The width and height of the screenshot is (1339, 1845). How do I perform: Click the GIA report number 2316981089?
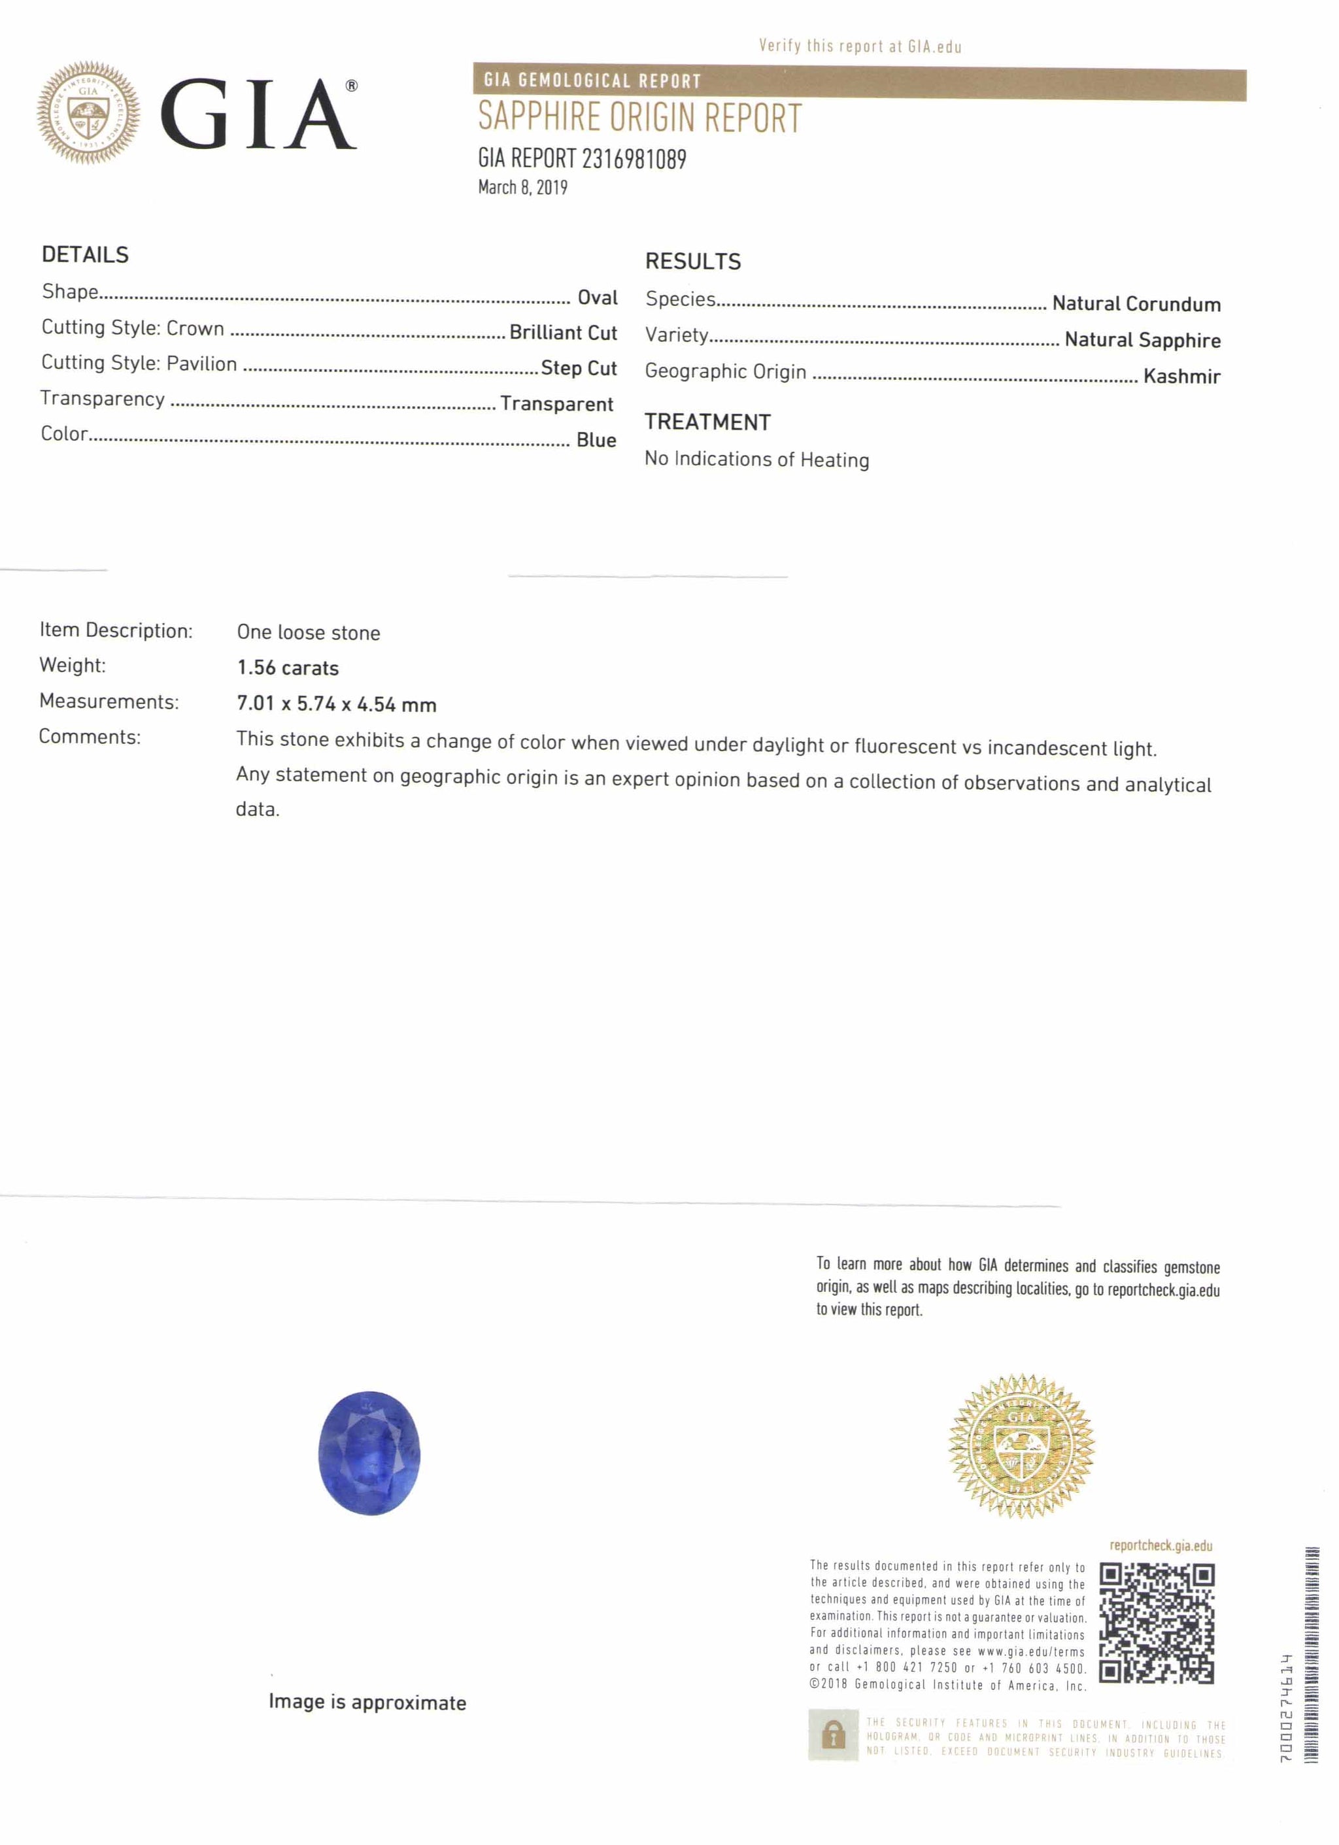582,159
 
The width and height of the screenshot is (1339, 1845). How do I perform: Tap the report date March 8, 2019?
522,188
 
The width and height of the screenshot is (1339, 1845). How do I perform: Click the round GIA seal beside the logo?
88,113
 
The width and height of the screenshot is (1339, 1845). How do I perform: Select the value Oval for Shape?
597,297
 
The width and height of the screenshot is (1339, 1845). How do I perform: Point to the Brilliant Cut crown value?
563,333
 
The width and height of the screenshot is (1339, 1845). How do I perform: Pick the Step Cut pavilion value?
579,369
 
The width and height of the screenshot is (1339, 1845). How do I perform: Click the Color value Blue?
596,440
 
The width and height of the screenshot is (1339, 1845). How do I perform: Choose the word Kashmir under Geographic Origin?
1181,376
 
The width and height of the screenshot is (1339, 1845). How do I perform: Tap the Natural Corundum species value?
1136,304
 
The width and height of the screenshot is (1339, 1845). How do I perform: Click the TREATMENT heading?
707,422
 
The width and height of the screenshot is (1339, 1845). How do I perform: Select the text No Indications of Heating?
756,460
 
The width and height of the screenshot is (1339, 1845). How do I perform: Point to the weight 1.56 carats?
288,668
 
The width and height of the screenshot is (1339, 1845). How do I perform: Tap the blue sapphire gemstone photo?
369,1453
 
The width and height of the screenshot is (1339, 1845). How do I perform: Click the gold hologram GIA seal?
1021,1446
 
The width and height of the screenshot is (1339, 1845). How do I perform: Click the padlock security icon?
833,1736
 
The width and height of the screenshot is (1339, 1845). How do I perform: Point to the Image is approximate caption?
367,1702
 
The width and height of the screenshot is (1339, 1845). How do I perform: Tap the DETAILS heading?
86,254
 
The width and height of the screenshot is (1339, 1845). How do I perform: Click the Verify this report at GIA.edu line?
860,46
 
